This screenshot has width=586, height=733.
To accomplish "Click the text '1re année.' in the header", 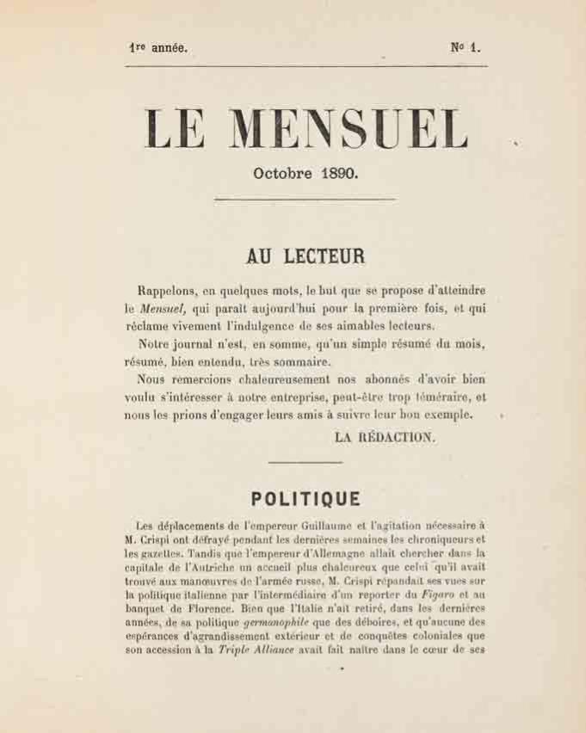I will pos(157,48).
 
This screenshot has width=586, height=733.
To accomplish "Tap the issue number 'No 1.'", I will pos(465,48).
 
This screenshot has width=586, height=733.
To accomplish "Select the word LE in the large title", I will pos(176,129).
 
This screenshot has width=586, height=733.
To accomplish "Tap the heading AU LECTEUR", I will pos(305,256).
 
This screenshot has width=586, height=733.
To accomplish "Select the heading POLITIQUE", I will pos(305,499).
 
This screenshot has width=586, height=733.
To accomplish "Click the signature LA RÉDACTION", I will pos(385,437).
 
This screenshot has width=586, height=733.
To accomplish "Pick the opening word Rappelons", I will pos(170,291).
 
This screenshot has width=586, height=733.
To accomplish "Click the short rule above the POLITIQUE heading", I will pos(305,464).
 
